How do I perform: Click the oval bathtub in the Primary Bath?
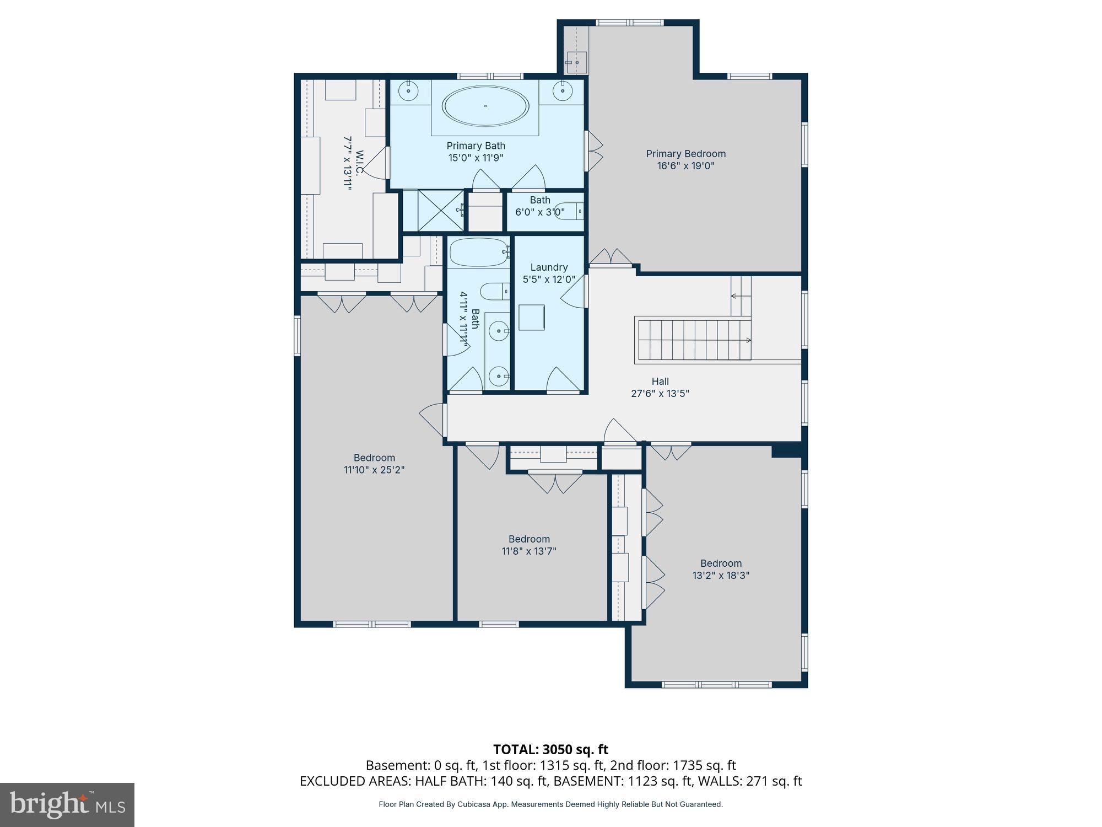tap(485, 106)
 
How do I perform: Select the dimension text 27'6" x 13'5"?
tap(660, 394)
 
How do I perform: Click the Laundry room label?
tap(549, 267)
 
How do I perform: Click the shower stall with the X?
tap(440, 211)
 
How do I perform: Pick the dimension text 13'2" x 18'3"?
tap(721, 576)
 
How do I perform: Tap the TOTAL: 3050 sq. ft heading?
tap(550, 749)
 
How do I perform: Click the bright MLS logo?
tap(67, 805)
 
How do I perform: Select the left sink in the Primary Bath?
tap(409, 91)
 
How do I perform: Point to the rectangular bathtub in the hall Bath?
tap(478, 252)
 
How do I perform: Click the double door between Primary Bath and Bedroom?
tap(594, 150)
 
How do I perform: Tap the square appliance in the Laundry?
tap(531, 317)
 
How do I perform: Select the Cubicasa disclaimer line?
tap(550, 804)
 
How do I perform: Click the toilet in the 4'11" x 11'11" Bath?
tap(494, 291)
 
